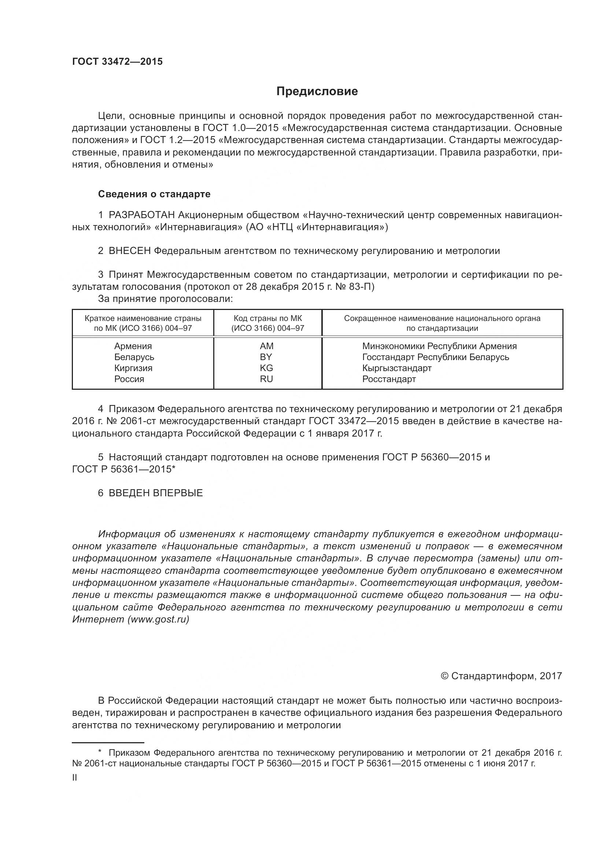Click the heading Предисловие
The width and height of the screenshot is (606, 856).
click(x=317, y=91)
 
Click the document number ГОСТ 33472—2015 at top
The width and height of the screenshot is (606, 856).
click(x=117, y=62)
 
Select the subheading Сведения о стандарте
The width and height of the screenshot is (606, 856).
click(x=154, y=194)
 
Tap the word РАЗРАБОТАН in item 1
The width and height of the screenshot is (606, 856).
click(x=142, y=215)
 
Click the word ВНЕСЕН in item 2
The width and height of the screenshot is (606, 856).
click(x=129, y=251)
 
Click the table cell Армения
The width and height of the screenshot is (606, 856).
click(x=133, y=346)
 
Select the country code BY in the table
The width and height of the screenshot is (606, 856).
click(x=266, y=357)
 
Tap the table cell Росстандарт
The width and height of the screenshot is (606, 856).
click(x=389, y=379)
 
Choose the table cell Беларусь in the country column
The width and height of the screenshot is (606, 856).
click(x=134, y=357)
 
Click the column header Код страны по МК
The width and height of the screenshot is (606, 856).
click(x=267, y=318)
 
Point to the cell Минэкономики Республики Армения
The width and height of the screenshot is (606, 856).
click(x=439, y=346)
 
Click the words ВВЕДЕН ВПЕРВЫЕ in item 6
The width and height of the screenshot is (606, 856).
click(x=156, y=493)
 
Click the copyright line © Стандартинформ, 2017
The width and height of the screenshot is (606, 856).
click(x=501, y=676)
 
